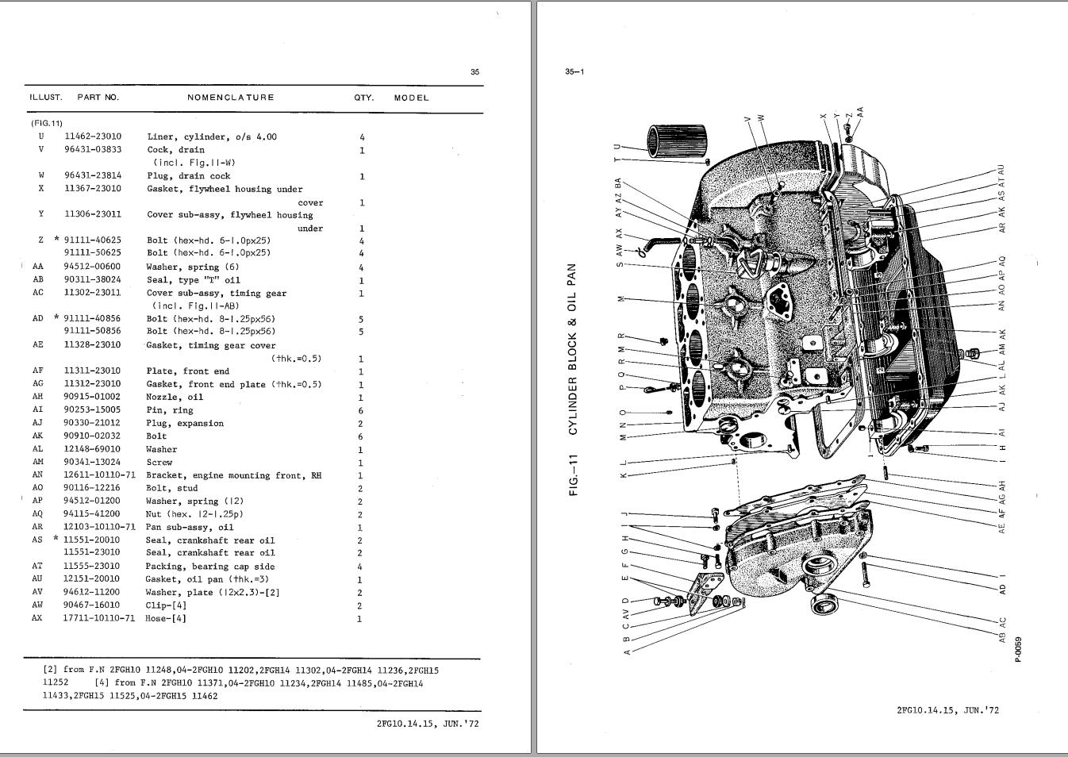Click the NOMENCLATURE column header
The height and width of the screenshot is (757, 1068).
(230, 98)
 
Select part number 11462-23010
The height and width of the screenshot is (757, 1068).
(93, 136)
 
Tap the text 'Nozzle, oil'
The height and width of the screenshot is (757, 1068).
(175, 397)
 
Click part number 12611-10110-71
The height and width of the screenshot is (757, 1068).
(99, 475)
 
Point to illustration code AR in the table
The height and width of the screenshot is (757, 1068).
(37, 527)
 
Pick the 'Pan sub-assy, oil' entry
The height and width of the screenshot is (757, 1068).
(190, 527)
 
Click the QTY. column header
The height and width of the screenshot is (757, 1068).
(363, 98)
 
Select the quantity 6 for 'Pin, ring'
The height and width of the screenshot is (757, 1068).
(361, 410)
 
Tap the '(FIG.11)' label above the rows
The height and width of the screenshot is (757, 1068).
(47, 123)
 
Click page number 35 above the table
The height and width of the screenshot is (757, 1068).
(474, 71)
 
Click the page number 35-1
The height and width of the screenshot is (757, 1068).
(574, 71)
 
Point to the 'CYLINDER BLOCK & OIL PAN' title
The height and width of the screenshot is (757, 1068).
(573, 349)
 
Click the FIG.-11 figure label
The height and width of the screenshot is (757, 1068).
(573, 475)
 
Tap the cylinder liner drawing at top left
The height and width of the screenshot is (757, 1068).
(676, 142)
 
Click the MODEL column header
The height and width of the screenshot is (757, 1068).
(411, 98)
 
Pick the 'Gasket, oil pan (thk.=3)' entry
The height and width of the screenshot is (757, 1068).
(204, 579)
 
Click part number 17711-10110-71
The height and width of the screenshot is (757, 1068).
(99, 618)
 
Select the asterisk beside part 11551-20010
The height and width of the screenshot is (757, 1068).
(56, 540)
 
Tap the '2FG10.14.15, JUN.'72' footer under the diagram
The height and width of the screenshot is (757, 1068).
(947, 710)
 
